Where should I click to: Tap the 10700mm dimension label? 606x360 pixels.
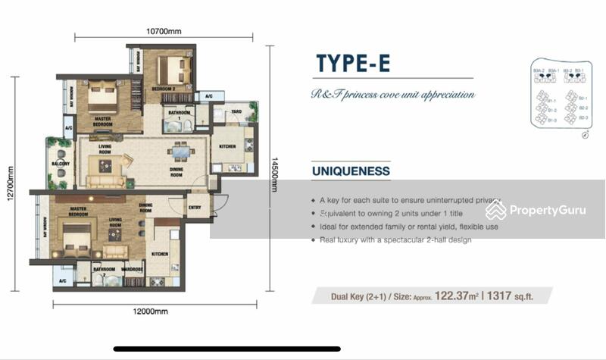164,32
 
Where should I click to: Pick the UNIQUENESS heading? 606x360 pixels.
351,171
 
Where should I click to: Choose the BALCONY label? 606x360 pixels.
61,164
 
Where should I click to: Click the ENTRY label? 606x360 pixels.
195,206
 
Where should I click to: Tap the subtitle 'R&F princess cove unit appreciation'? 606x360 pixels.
392,95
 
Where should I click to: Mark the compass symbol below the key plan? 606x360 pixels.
585,136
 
